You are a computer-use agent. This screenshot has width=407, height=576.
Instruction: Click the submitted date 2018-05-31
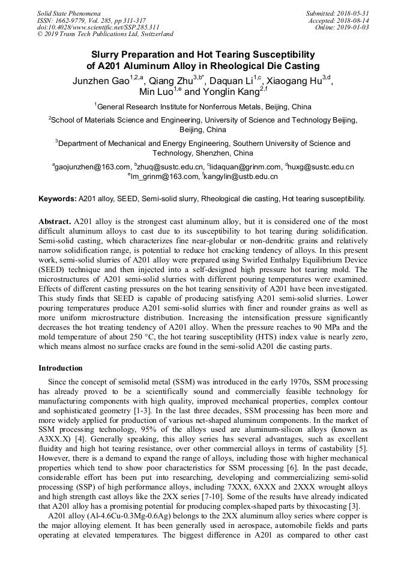[354, 13]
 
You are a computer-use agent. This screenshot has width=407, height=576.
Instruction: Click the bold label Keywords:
[58, 198]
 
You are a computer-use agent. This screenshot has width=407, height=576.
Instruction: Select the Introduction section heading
[61, 368]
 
